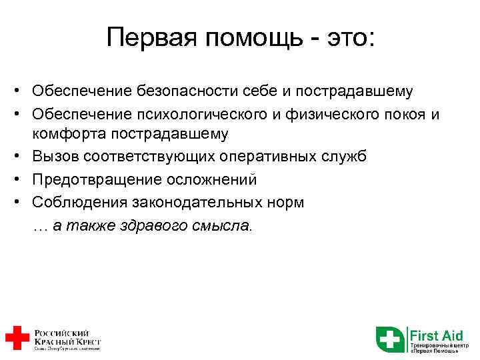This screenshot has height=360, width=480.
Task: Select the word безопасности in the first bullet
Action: point(179,90)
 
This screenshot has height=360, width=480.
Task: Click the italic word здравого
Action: point(157,226)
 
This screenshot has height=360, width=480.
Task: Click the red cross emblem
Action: point(17,338)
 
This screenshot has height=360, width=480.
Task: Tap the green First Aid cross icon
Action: point(389,339)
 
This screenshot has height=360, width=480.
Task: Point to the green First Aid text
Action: point(436,334)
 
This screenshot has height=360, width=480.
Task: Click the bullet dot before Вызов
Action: point(22,157)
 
